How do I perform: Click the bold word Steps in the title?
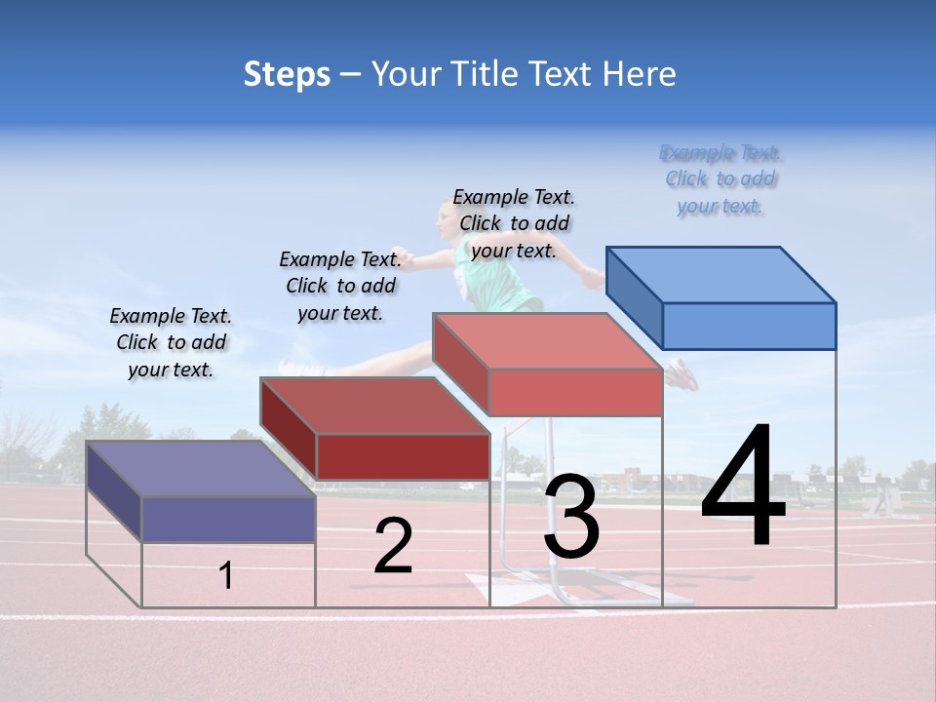coord(287,74)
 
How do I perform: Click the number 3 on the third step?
coord(571,517)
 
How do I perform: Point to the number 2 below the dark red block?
coord(393,546)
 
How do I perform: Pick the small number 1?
coord(226,575)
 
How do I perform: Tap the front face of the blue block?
coord(749,326)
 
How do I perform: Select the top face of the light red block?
coord(547,341)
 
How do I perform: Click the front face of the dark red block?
coord(403,456)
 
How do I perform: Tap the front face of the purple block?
coord(228,519)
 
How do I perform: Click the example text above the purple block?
coord(171,342)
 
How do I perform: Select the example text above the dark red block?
coord(340,286)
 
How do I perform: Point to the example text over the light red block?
coord(514,223)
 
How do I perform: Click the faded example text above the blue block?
coord(721,179)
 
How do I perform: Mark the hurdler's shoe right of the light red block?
coord(682,374)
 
